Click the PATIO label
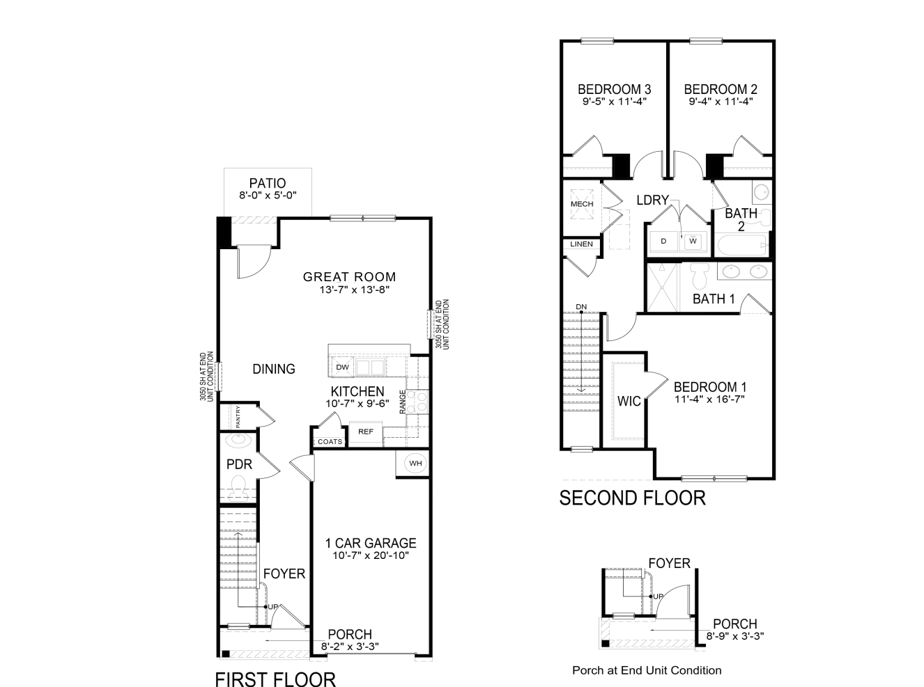tap(268, 184)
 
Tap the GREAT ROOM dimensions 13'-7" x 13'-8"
tap(349, 290)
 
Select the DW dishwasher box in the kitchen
tap(342, 367)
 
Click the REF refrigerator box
tap(366, 432)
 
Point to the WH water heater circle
tap(415, 464)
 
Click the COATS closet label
tap(330, 442)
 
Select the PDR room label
tap(239, 464)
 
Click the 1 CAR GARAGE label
tap(371, 543)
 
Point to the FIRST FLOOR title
tap(275, 679)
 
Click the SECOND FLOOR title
tap(633, 498)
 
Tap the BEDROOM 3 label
tap(614, 89)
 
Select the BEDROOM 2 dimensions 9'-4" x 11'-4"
tap(721, 102)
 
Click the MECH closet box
tap(582, 204)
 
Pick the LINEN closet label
tap(581, 244)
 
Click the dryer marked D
tap(663, 241)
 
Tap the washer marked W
tap(693, 241)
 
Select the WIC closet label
tap(629, 402)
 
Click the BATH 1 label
tap(714, 299)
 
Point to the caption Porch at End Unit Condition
tap(647, 670)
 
